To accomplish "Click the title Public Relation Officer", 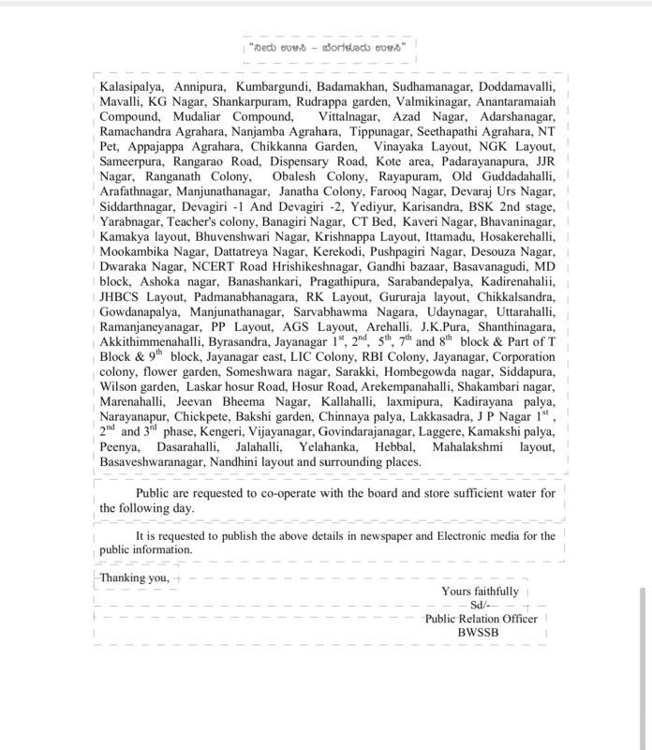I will click(x=481, y=619).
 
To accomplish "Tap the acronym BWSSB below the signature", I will click(x=481, y=633).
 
